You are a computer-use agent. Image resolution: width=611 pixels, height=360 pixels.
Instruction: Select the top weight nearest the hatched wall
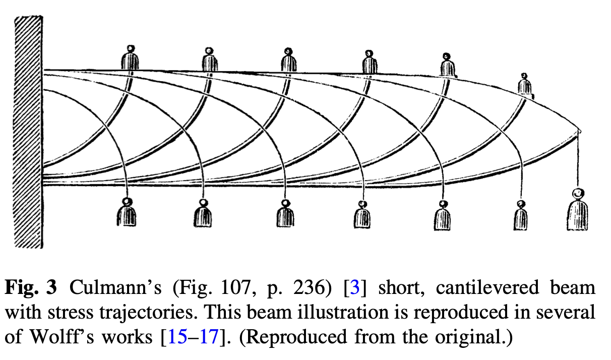[x=130, y=59]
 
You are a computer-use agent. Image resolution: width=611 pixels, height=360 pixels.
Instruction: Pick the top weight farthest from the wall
[x=525, y=85]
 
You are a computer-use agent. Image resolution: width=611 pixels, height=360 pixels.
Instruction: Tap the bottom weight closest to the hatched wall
[x=127, y=214]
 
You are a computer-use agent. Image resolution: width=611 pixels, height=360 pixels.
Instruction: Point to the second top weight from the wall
[x=209, y=61]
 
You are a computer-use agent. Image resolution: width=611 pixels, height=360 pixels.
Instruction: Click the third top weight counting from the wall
[x=288, y=61]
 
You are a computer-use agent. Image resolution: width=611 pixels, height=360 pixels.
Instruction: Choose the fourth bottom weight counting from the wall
[x=361, y=215]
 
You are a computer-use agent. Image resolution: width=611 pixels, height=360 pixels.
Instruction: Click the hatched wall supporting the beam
[x=28, y=131]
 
